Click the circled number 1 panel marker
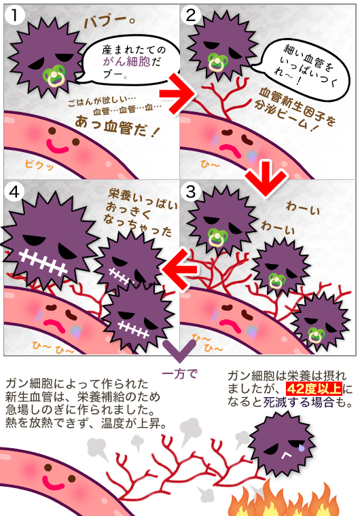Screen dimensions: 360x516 [14, 14]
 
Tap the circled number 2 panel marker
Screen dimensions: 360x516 [191, 14]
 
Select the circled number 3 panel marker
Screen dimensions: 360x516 [191, 191]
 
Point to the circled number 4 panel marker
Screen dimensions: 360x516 [14, 191]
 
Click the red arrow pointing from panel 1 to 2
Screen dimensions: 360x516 [178, 93]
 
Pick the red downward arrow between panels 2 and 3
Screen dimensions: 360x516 [266, 178]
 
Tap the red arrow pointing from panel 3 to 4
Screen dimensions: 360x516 [180, 270]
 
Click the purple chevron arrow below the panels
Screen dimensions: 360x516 [179, 351]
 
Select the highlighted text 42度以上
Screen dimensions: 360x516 [314, 388]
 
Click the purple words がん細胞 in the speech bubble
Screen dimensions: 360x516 [127, 61]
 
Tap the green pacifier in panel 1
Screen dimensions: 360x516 [54, 75]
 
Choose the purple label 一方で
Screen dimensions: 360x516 [180, 373]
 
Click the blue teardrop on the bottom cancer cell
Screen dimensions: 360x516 [302, 447]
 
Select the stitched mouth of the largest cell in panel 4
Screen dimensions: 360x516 [43, 262]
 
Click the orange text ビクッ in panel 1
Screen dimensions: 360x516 [39, 164]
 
